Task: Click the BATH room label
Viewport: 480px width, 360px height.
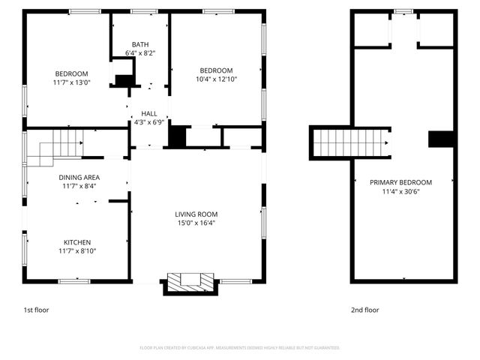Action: pos(140,44)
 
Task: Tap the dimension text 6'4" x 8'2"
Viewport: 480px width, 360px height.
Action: pos(140,53)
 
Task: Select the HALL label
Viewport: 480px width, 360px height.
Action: pos(149,113)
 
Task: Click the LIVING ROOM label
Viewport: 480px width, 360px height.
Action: pos(196,214)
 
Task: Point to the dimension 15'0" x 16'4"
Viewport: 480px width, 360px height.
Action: pos(196,223)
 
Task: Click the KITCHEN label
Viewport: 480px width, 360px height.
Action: pos(77,242)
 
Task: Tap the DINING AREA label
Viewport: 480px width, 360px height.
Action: pos(79,177)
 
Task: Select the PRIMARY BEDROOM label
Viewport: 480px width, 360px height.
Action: pos(400,182)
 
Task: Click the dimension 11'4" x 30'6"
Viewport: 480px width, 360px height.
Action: pos(400,191)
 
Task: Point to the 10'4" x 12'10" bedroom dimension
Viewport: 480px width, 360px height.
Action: pos(217,78)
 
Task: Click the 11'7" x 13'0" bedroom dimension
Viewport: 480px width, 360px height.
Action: pos(71,82)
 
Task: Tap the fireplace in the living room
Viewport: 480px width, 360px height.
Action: pos(190,282)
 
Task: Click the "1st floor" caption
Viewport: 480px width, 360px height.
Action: pos(35,309)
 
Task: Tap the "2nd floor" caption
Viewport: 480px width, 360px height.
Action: pos(365,309)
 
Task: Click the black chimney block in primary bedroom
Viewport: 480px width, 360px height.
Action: pos(440,139)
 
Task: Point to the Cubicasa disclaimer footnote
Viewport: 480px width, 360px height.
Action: pos(240,348)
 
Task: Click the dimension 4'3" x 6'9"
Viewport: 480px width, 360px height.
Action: pos(149,122)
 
